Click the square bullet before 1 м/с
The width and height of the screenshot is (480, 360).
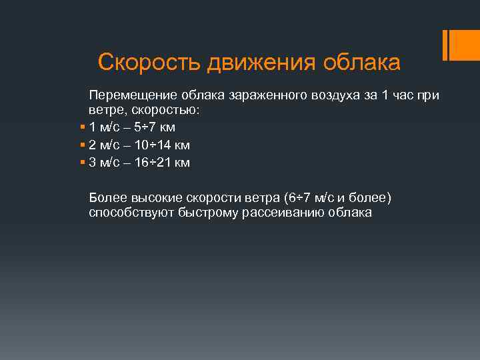pos(81,127)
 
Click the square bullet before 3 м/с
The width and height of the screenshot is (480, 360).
pos(81,163)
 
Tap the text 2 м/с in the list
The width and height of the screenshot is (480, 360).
pos(105,145)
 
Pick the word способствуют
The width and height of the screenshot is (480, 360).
pos(130,213)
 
